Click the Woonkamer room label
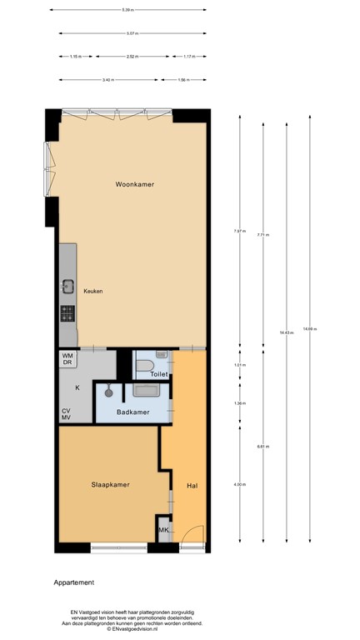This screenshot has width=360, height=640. (x=135, y=184)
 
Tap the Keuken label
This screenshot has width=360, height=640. (x=92, y=291)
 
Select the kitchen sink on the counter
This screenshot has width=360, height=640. (x=67, y=287)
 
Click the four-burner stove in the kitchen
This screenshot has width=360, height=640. (x=67, y=313)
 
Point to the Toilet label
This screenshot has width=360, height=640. (x=160, y=374)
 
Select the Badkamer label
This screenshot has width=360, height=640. (x=133, y=411)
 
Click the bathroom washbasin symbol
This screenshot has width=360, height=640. (x=147, y=389)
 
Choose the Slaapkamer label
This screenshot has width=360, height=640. (x=110, y=483)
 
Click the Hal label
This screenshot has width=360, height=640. (x=192, y=484)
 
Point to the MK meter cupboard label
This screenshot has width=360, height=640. (x=164, y=530)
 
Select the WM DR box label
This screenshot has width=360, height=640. (x=67, y=359)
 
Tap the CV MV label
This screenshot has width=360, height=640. (x=66, y=413)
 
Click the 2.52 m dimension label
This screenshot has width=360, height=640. (x=132, y=57)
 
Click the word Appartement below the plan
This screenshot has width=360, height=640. (x=74, y=582)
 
